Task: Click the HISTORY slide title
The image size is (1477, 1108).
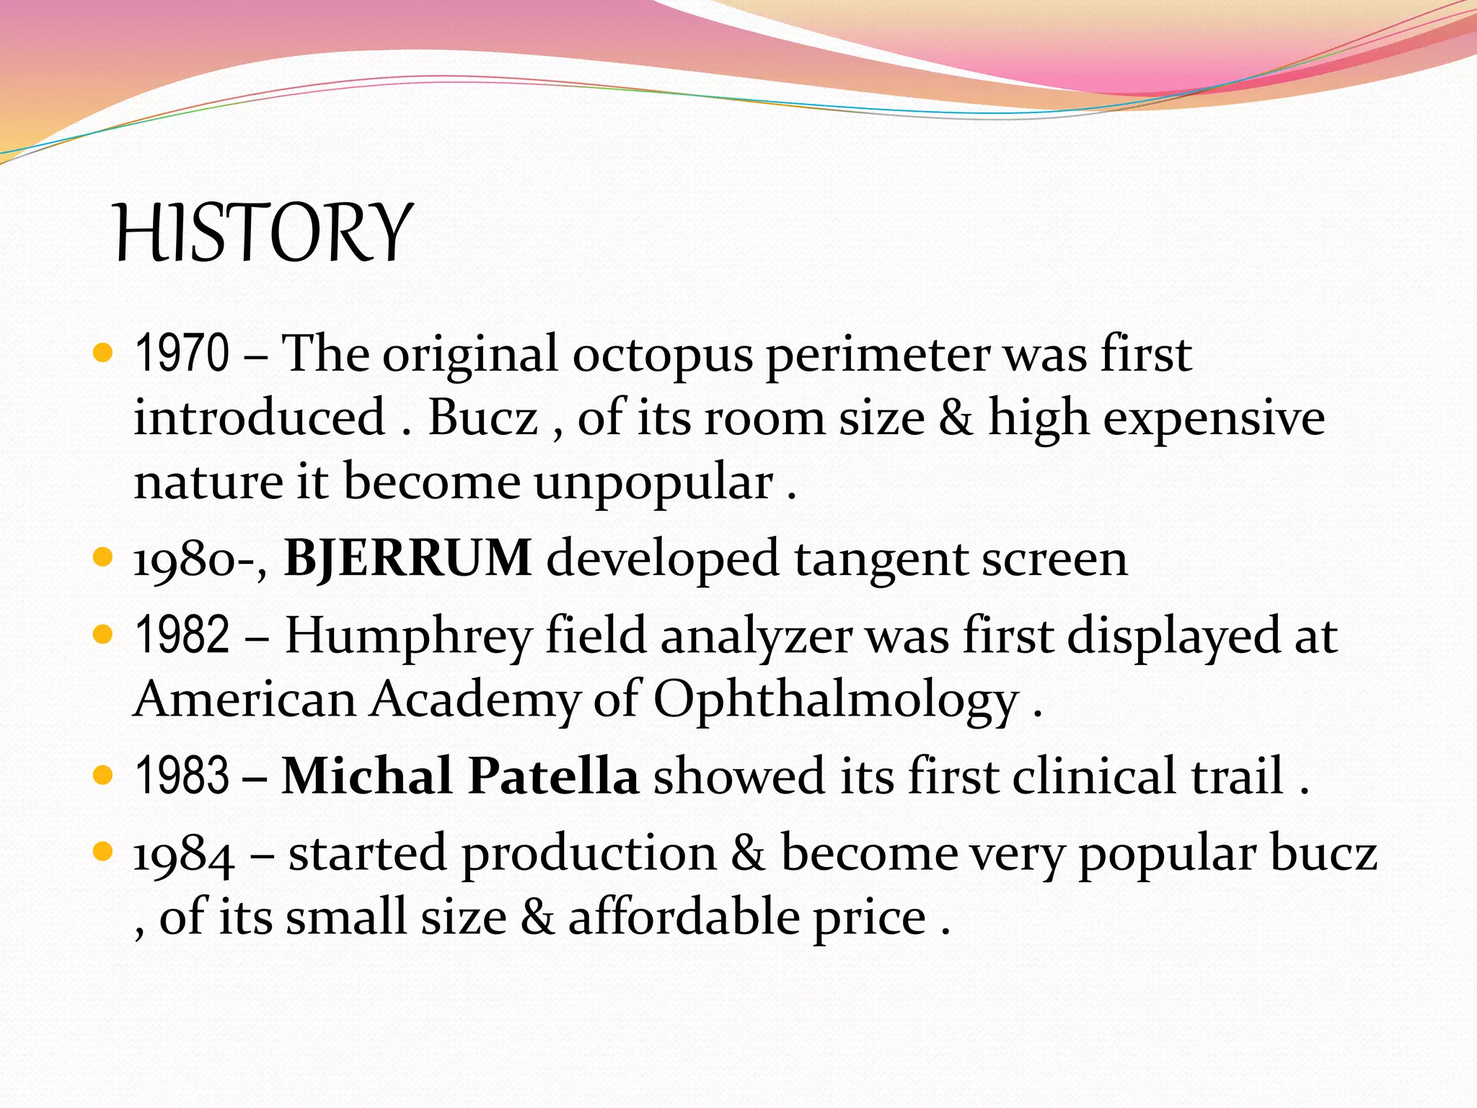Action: pos(263,232)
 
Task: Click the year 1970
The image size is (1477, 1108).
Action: pos(182,353)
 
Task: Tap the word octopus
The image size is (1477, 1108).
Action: pos(662,355)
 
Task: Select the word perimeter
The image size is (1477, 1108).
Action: pos(877,355)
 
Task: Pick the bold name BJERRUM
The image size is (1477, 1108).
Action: pos(408,558)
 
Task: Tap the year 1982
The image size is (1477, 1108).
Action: pos(182,635)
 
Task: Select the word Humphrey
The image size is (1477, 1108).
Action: pos(408,636)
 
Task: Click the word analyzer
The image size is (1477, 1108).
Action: pos(756,636)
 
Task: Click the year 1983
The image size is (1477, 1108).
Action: pos(182,775)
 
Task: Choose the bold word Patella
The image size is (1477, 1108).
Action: pos(553,775)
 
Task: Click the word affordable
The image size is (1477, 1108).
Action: pos(684,918)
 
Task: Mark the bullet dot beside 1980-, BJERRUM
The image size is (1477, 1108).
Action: pos(104,558)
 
